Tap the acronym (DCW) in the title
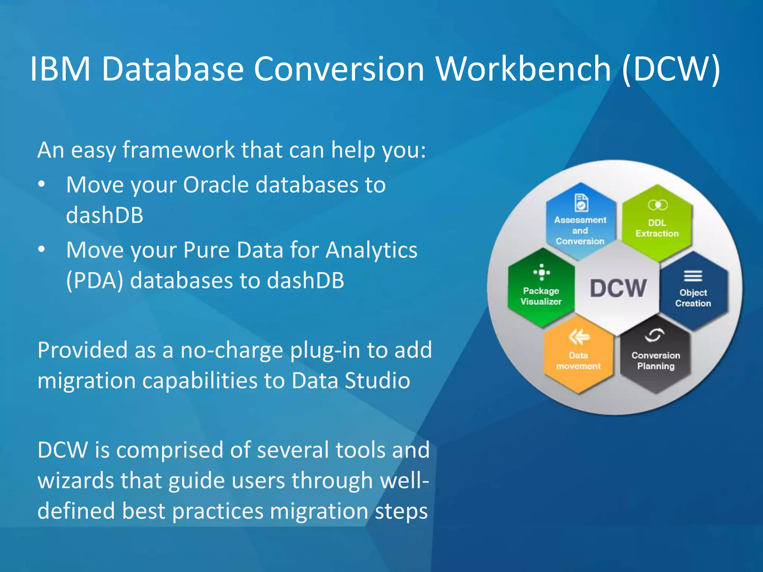click(x=671, y=69)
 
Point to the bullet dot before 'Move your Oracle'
click(x=42, y=184)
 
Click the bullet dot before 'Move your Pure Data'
click(x=42, y=249)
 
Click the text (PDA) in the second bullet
click(x=94, y=280)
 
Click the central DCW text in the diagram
click(x=618, y=288)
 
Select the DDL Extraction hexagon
click(x=657, y=223)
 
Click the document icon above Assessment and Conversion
click(x=581, y=203)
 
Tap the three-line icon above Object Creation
click(x=693, y=276)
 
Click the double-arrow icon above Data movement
click(x=579, y=337)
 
